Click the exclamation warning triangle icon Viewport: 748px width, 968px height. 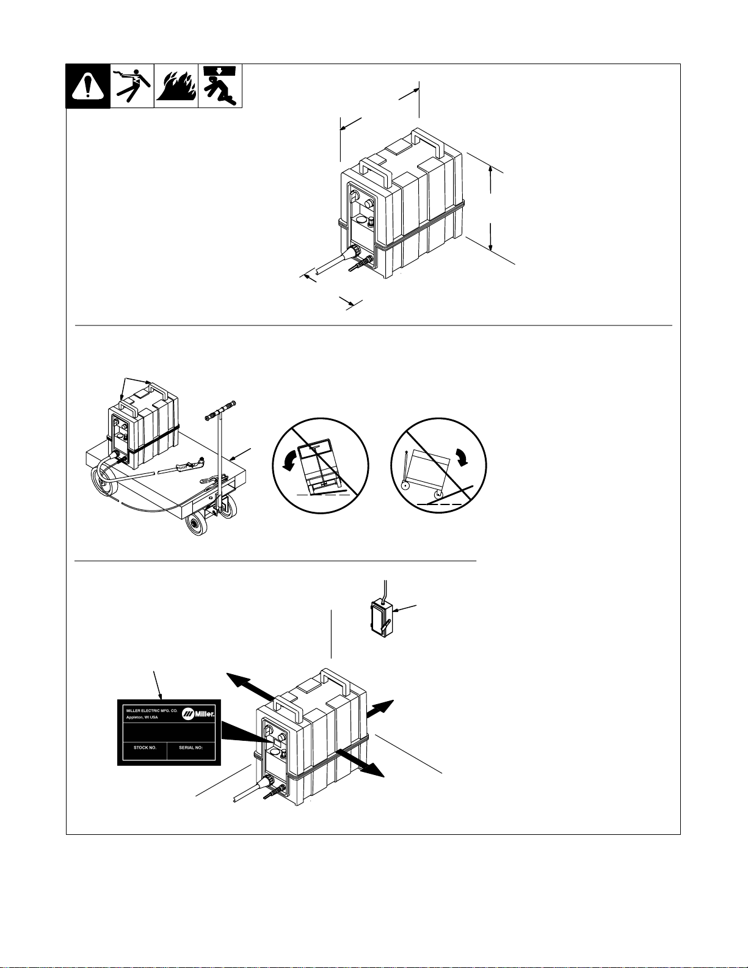tap(88, 86)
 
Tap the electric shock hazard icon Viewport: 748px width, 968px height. tap(133, 86)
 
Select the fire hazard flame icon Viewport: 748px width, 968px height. tap(176, 86)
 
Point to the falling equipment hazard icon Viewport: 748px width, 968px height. tap(220, 86)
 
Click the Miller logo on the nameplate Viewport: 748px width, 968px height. tap(198, 714)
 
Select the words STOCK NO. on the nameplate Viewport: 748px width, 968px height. tap(145, 748)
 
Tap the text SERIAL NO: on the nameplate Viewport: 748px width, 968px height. tap(191, 748)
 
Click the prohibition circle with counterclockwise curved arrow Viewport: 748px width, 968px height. tap(320, 465)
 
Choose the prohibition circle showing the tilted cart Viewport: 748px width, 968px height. tap(438, 465)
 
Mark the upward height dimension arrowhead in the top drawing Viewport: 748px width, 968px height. tap(490, 170)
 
